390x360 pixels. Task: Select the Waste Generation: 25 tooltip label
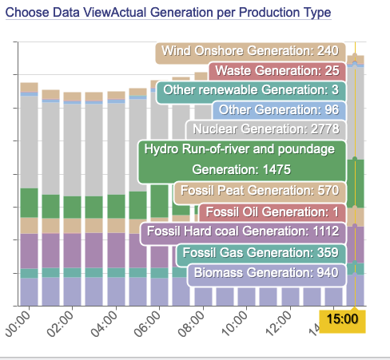coord(277,71)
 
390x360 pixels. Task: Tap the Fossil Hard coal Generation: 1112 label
coord(243,233)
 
